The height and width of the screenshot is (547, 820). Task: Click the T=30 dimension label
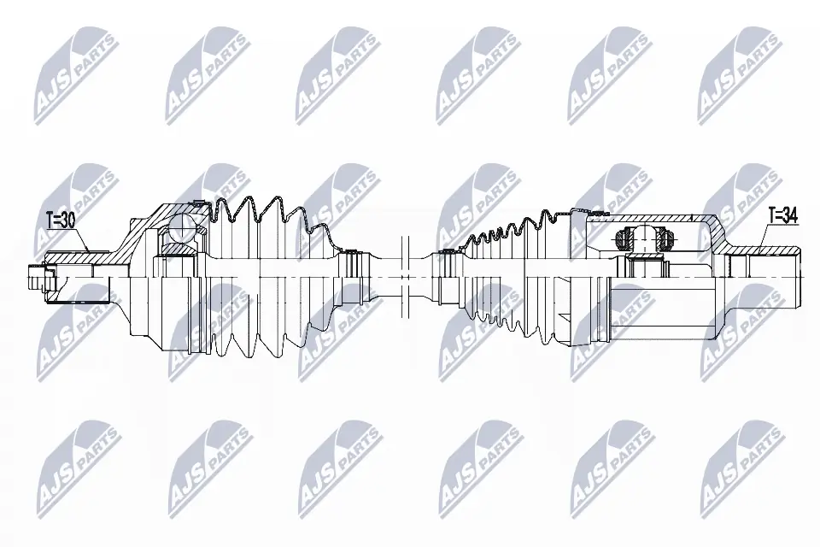coord(59,221)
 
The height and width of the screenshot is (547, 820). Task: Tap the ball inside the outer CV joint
coord(181,227)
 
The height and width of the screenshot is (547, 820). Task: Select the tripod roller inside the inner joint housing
coord(641,238)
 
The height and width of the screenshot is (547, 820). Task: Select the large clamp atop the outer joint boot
coord(198,203)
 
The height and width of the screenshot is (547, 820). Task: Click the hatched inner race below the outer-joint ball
coord(179,248)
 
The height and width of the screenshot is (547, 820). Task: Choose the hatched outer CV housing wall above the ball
coord(162,210)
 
